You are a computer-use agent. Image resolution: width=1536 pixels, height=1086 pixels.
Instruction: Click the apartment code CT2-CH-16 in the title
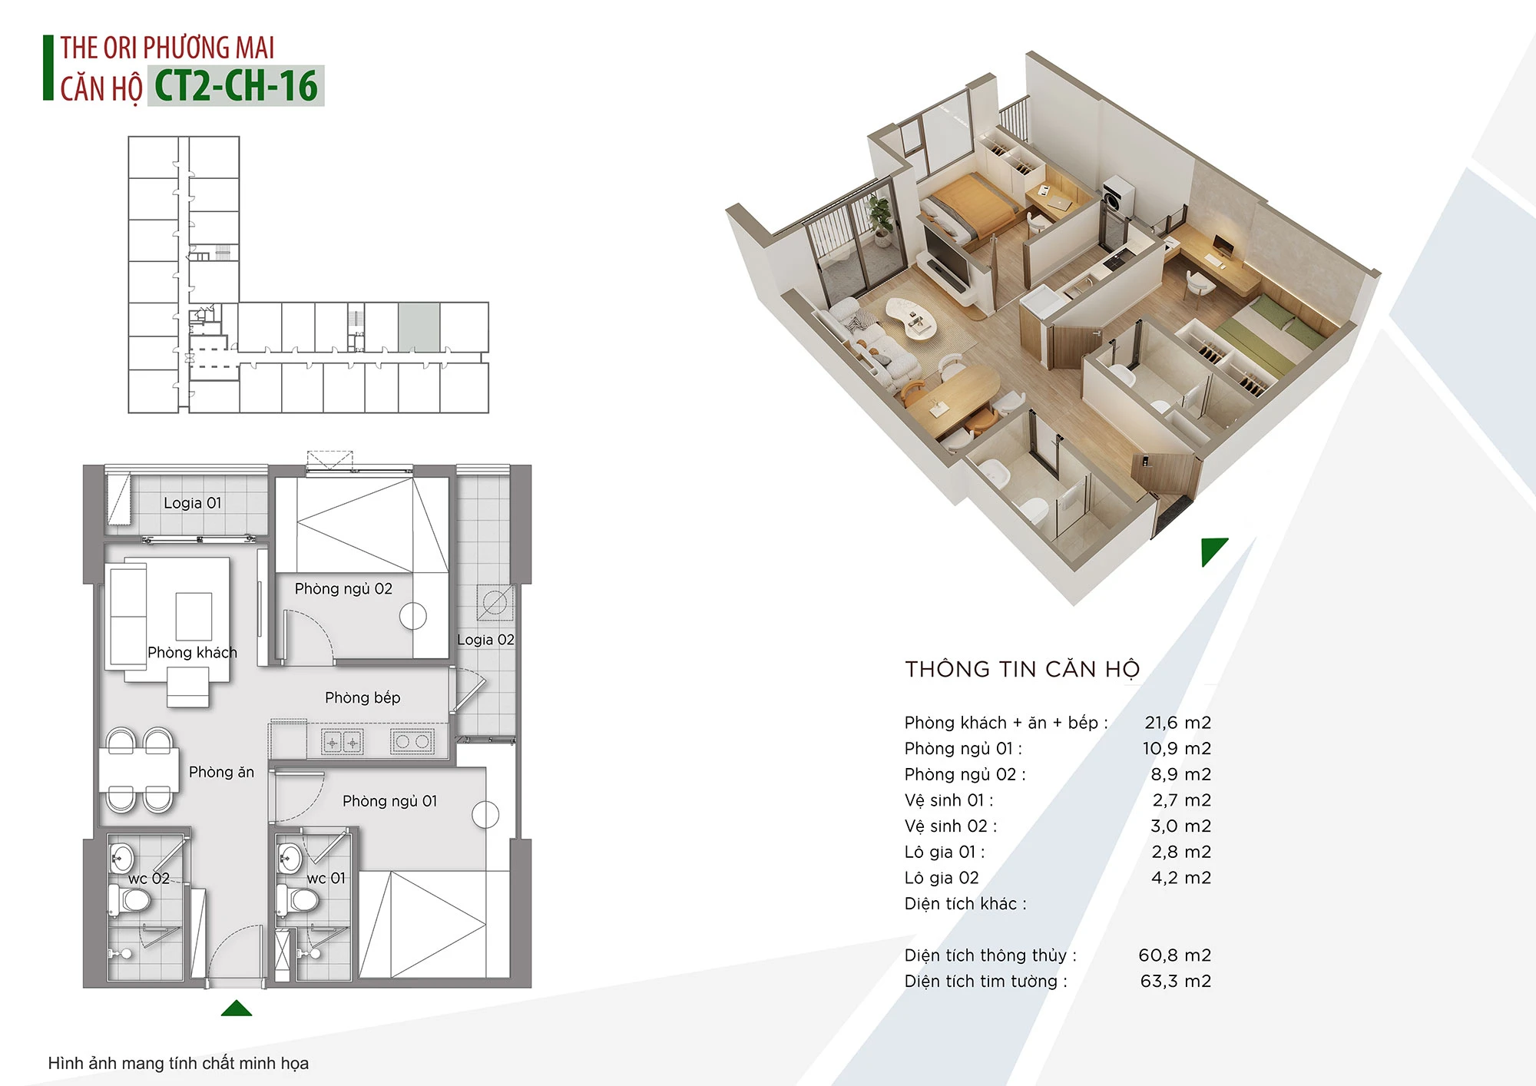236,86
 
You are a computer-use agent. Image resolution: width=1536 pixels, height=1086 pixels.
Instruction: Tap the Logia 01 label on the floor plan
193,503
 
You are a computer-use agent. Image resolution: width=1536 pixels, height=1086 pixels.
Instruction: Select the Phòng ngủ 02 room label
343,589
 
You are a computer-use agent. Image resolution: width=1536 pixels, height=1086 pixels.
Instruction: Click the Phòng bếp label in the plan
362,697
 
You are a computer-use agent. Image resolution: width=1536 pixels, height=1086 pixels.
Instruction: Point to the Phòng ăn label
221,772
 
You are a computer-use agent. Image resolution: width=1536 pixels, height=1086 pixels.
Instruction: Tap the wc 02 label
149,879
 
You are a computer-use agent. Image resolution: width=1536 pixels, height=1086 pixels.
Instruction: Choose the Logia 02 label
485,640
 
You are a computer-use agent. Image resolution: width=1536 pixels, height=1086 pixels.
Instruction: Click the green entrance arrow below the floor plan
237,1008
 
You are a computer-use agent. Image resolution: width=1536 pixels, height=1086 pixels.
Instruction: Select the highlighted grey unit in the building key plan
419,327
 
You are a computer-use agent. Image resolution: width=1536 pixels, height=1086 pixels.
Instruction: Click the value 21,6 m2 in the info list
1177,723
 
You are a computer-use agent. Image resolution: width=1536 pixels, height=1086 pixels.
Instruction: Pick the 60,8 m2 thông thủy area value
1174,955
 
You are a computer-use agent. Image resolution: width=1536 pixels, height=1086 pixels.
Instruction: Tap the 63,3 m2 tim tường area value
1175,982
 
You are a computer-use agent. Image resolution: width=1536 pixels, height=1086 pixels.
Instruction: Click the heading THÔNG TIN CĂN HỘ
1022,670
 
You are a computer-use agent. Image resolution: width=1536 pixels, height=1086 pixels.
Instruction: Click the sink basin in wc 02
122,858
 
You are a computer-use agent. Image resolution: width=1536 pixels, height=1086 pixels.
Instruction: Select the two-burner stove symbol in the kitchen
412,741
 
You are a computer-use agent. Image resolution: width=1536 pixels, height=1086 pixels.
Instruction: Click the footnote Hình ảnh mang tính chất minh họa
178,1064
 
